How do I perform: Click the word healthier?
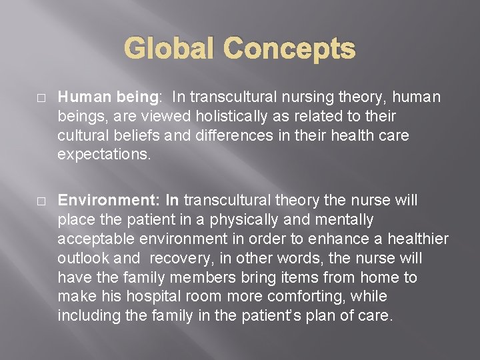point(419,239)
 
